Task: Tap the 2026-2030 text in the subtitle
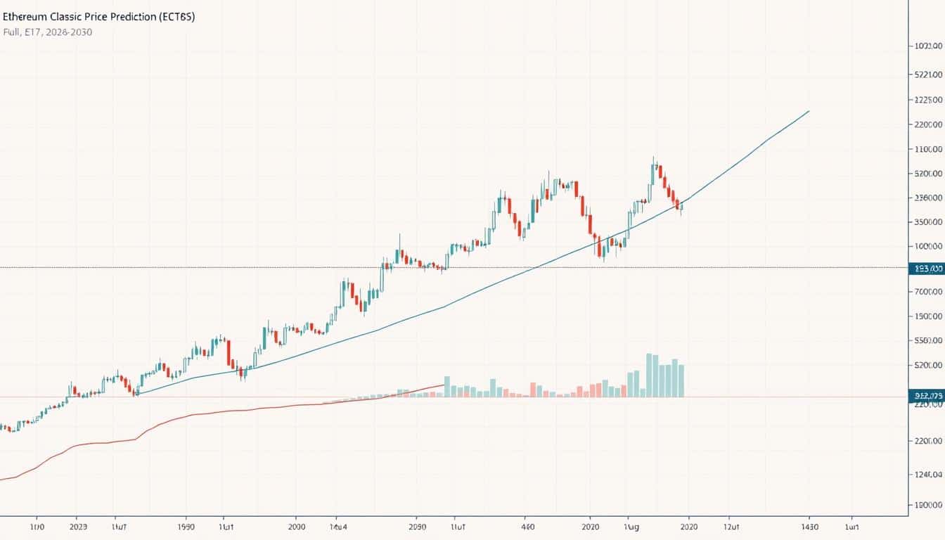[67, 32]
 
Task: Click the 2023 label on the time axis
[79, 526]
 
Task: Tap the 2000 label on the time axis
[297, 526]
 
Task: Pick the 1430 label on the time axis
[809, 526]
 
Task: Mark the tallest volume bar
[649, 375]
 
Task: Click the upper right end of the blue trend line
[809, 111]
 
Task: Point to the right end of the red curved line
[444, 384]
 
